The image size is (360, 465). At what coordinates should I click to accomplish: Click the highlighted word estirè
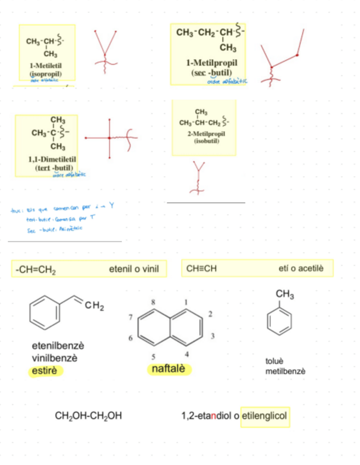pyautogui.click(x=46, y=371)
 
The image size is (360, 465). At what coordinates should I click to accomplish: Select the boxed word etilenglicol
pyautogui.click(x=265, y=416)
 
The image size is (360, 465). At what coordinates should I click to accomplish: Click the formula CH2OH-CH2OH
pyautogui.click(x=88, y=416)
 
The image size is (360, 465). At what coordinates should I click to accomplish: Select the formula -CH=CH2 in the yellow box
pyautogui.click(x=37, y=269)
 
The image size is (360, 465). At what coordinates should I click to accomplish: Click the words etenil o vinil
pyautogui.click(x=134, y=269)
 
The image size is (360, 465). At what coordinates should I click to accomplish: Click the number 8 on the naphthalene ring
pyautogui.click(x=154, y=302)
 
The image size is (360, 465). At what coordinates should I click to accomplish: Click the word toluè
pyautogui.click(x=274, y=361)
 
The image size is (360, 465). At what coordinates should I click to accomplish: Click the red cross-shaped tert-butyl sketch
pyautogui.click(x=110, y=137)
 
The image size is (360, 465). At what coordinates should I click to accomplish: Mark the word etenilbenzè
pyautogui.click(x=58, y=346)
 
